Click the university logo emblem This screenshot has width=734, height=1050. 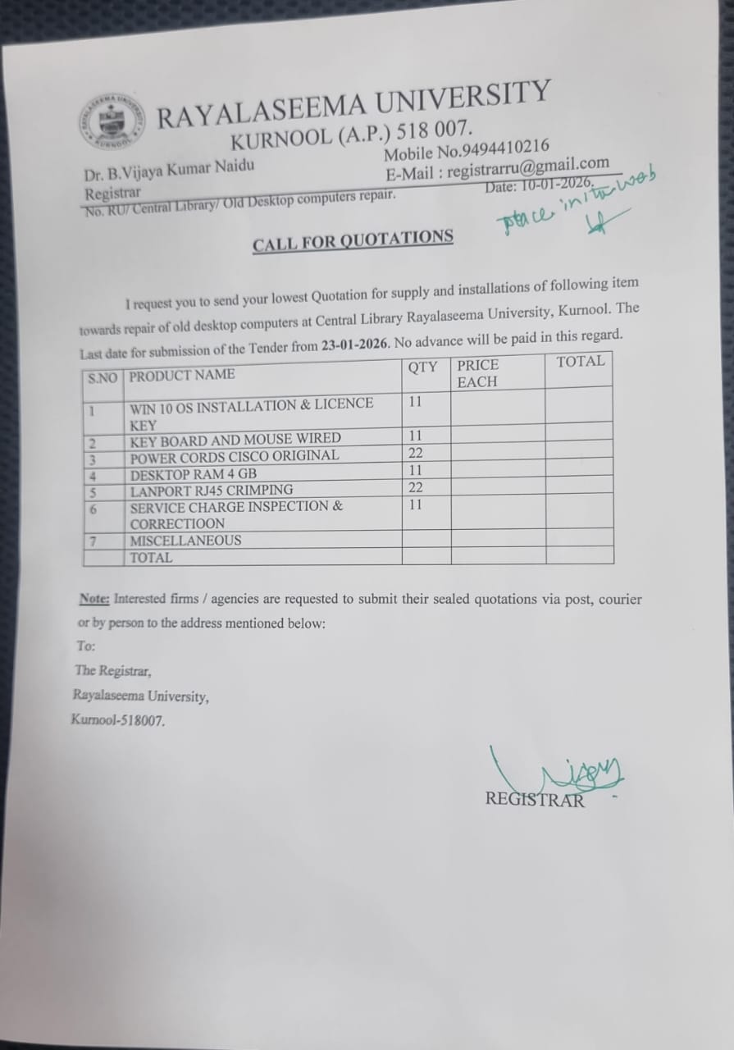click(x=114, y=122)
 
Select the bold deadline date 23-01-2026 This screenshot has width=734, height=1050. click(x=353, y=345)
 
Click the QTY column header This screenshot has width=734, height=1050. click(x=422, y=367)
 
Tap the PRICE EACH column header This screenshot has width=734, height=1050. click(x=478, y=373)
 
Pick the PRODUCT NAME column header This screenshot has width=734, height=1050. click(x=182, y=375)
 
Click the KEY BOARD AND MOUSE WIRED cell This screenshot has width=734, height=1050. click(x=235, y=439)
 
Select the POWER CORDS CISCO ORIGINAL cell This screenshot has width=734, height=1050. click(x=234, y=456)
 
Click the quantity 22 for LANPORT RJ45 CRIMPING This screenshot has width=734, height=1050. click(x=416, y=487)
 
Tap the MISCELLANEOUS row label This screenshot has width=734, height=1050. click(x=185, y=541)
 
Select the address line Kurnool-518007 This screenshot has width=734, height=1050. click(x=117, y=721)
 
